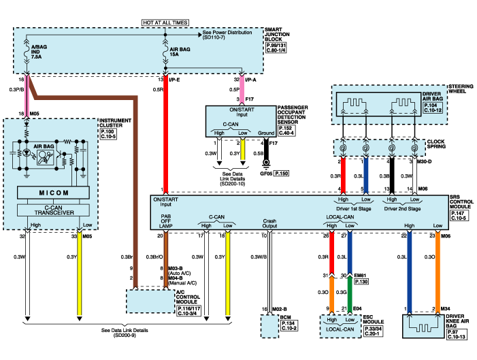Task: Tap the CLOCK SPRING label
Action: click(436, 145)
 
